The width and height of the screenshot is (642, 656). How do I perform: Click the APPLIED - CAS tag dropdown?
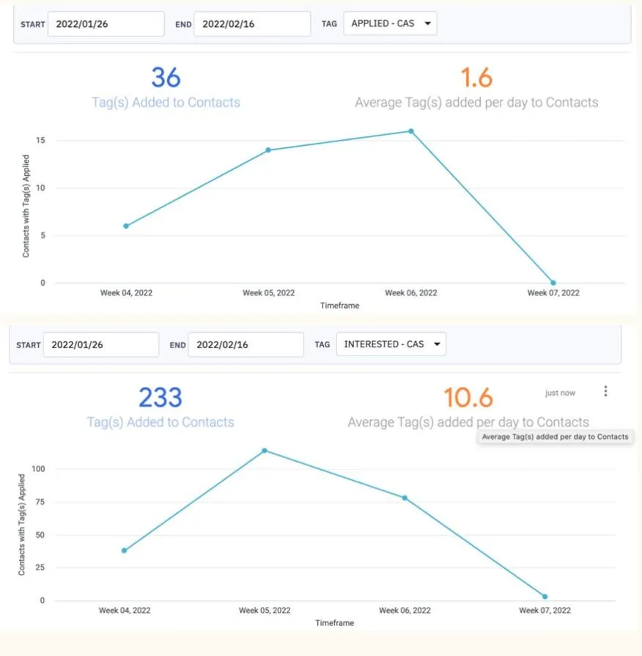[x=390, y=24]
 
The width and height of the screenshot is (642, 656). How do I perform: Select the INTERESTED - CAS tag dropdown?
[x=391, y=344]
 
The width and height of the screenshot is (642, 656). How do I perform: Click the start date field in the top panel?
[x=106, y=24]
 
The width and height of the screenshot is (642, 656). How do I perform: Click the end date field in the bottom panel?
[x=246, y=344]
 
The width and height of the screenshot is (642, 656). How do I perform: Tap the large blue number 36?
[x=166, y=77]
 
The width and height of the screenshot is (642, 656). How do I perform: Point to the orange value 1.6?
[x=476, y=77]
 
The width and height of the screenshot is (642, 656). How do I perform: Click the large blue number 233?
[x=160, y=397]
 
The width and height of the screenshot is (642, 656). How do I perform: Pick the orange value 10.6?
[x=468, y=397]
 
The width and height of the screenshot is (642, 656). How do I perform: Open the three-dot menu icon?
[x=605, y=391]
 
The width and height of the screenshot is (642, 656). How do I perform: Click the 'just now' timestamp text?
[x=560, y=394]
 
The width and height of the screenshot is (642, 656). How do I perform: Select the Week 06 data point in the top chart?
[x=411, y=131]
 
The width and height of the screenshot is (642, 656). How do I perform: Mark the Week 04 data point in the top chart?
[x=126, y=226]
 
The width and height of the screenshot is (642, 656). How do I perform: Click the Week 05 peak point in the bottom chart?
[x=265, y=451]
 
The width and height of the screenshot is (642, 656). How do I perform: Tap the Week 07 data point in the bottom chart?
[x=545, y=597]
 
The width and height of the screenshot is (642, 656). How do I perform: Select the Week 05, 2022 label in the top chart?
[x=268, y=292]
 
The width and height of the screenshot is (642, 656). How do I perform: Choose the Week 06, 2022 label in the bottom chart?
[x=405, y=610]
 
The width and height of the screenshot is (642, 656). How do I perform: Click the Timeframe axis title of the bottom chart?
[x=334, y=623]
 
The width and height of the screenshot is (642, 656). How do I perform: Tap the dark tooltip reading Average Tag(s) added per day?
[x=555, y=437]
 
